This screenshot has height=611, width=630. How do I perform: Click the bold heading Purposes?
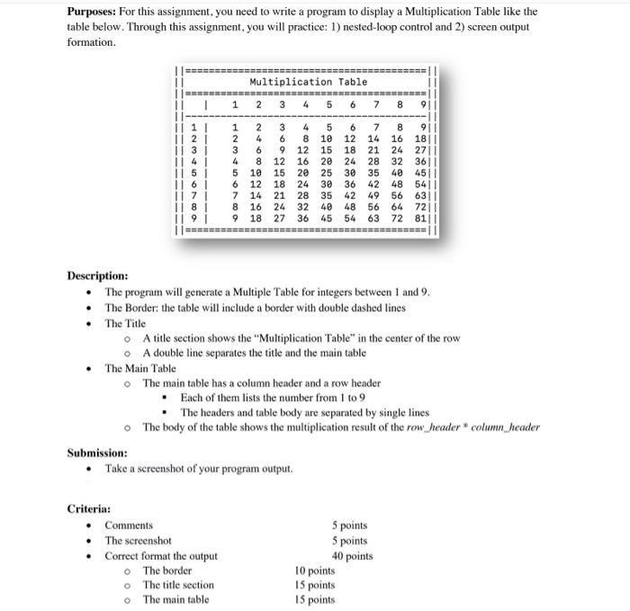(x=93, y=12)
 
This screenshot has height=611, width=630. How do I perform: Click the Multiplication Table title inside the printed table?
(x=308, y=82)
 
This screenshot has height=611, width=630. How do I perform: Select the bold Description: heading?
(x=97, y=275)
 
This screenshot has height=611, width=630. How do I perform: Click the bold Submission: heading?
(x=97, y=453)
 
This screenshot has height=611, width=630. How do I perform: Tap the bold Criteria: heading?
(x=89, y=509)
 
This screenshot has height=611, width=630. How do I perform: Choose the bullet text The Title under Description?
(x=125, y=323)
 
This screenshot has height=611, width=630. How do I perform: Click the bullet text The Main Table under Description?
(x=140, y=368)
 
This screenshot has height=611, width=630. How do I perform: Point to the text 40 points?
(x=352, y=556)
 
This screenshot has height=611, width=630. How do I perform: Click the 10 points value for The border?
(x=315, y=571)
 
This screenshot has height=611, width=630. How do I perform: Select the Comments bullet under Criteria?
(x=129, y=526)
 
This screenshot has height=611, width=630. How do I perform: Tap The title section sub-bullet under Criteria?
(x=178, y=585)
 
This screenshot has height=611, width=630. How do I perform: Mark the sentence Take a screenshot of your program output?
(x=198, y=469)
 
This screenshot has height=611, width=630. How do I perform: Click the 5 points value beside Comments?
(x=349, y=526)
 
